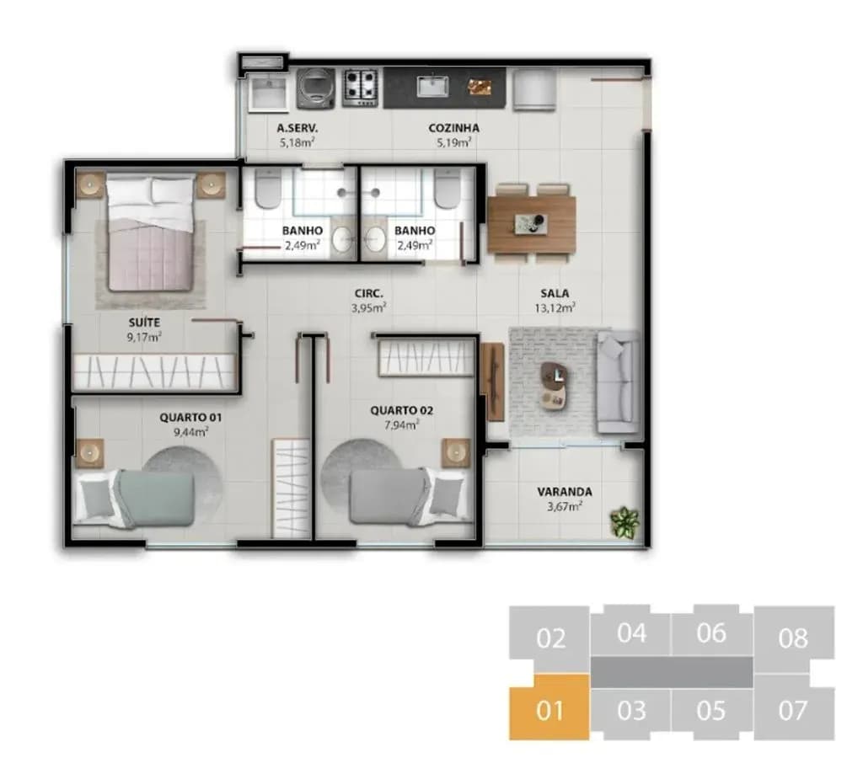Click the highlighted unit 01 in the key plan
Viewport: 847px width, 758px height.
[549, 707]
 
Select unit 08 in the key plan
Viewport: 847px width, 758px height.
[794, 638]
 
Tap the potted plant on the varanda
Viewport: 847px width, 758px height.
[625, 521]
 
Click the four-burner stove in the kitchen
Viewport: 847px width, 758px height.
[361, 87]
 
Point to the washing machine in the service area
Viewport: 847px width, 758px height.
[315, 88]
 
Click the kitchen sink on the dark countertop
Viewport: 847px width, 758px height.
[432, 87]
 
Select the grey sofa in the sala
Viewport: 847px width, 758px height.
[618, 382]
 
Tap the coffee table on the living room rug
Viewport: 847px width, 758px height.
[555, 385]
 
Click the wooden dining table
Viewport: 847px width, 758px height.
[531, 223]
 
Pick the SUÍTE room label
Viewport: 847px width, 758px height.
[144, 323]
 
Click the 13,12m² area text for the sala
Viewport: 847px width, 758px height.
[555, 307]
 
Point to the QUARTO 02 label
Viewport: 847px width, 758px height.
[401, 410]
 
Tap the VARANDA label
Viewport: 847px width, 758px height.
[565, 491]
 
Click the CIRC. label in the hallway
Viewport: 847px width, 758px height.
[369, 293]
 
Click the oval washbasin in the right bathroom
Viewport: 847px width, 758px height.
[374, 239]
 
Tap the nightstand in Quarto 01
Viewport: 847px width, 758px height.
[89, 452]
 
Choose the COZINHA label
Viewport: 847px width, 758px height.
[453, 128]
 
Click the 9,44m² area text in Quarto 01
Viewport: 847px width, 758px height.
[190, 432]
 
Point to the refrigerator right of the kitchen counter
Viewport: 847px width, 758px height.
[534, 89]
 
